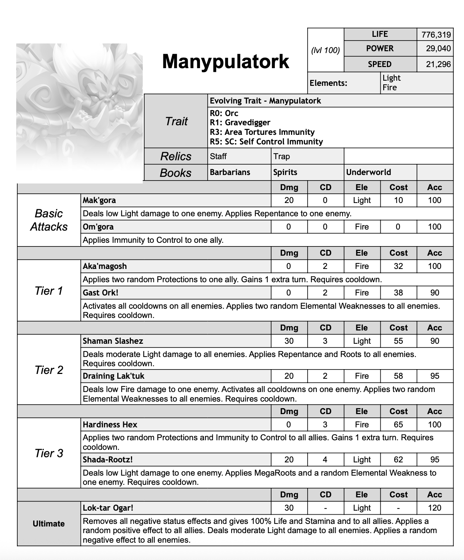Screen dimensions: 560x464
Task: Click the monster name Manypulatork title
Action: point(225,61)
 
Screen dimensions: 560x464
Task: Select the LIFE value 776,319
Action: point(436,35)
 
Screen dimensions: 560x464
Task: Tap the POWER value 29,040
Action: point(439,49)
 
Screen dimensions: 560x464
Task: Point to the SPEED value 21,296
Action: point(438,64)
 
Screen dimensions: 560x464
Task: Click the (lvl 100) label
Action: point(325,50)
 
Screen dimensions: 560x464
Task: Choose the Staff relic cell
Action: point(218,157)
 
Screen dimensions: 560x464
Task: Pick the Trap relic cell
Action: point(282,157)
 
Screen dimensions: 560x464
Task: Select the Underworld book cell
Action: point(368,172)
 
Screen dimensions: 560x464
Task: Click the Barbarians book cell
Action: point(230,172)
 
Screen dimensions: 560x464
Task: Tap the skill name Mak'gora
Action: point(99,200)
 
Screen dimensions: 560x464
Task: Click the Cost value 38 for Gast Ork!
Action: point(398,293)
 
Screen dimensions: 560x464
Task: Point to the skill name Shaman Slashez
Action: point(113,341)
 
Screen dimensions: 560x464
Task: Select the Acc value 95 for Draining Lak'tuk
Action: point(434,376)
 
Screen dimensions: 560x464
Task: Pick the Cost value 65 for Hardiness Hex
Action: point(398,425)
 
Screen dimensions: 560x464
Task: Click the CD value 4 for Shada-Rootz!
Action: point(325,460)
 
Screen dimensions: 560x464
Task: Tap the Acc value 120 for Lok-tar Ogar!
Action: point(434,508)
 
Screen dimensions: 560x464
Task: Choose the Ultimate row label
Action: point(49,524)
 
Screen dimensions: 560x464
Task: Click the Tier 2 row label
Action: point(49,370)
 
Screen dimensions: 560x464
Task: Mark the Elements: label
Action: point(328,83)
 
